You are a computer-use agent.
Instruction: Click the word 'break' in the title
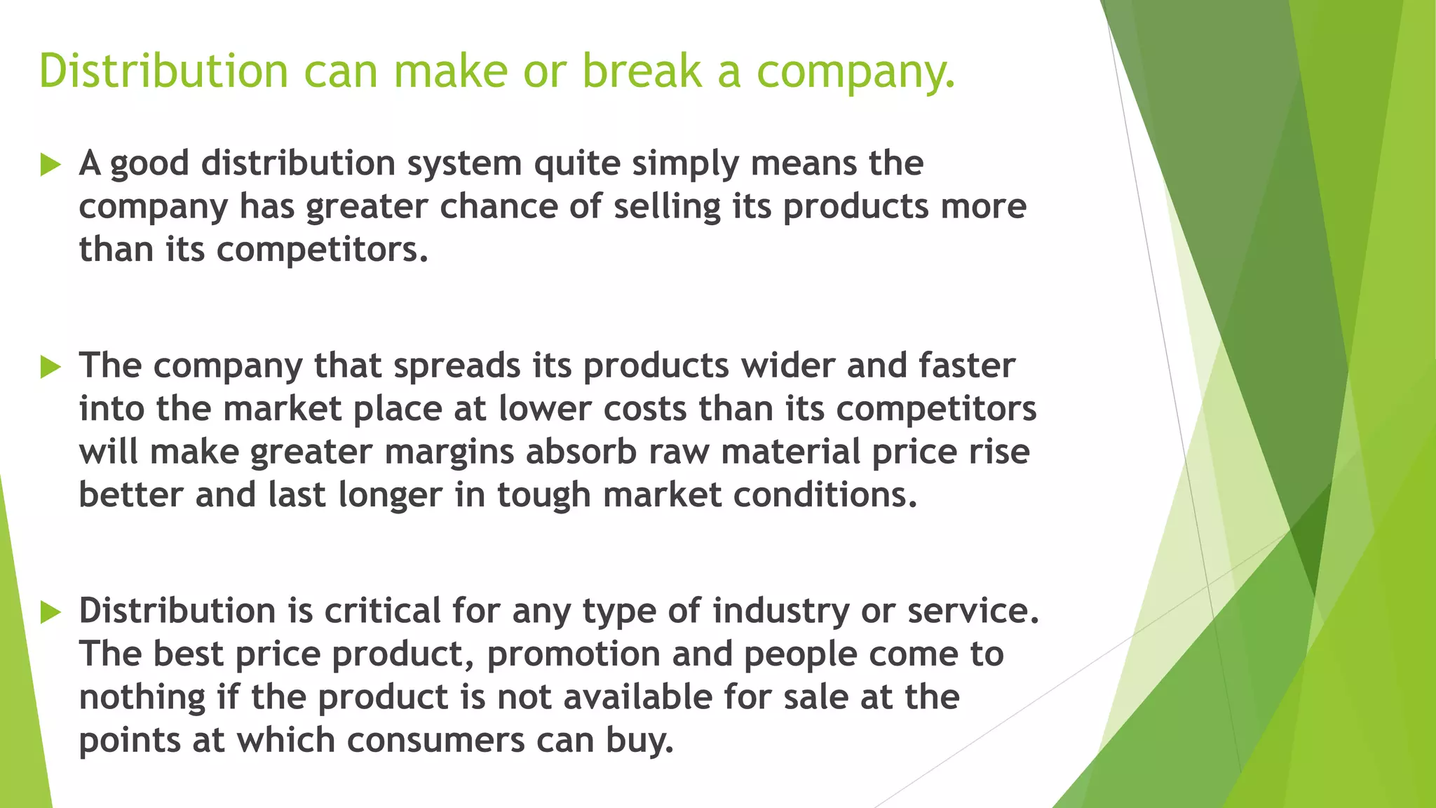pyautogui.click(x=642, y=72)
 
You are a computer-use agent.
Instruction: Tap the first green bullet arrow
pyautogui.click(x=50, y=165)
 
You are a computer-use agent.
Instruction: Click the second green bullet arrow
pyautogui.click(x=50, y=366)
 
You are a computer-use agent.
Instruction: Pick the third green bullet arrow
pyautogui.click(x=50, y=612)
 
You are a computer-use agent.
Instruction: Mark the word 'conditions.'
pyautogui.click(x=825, y=495)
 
